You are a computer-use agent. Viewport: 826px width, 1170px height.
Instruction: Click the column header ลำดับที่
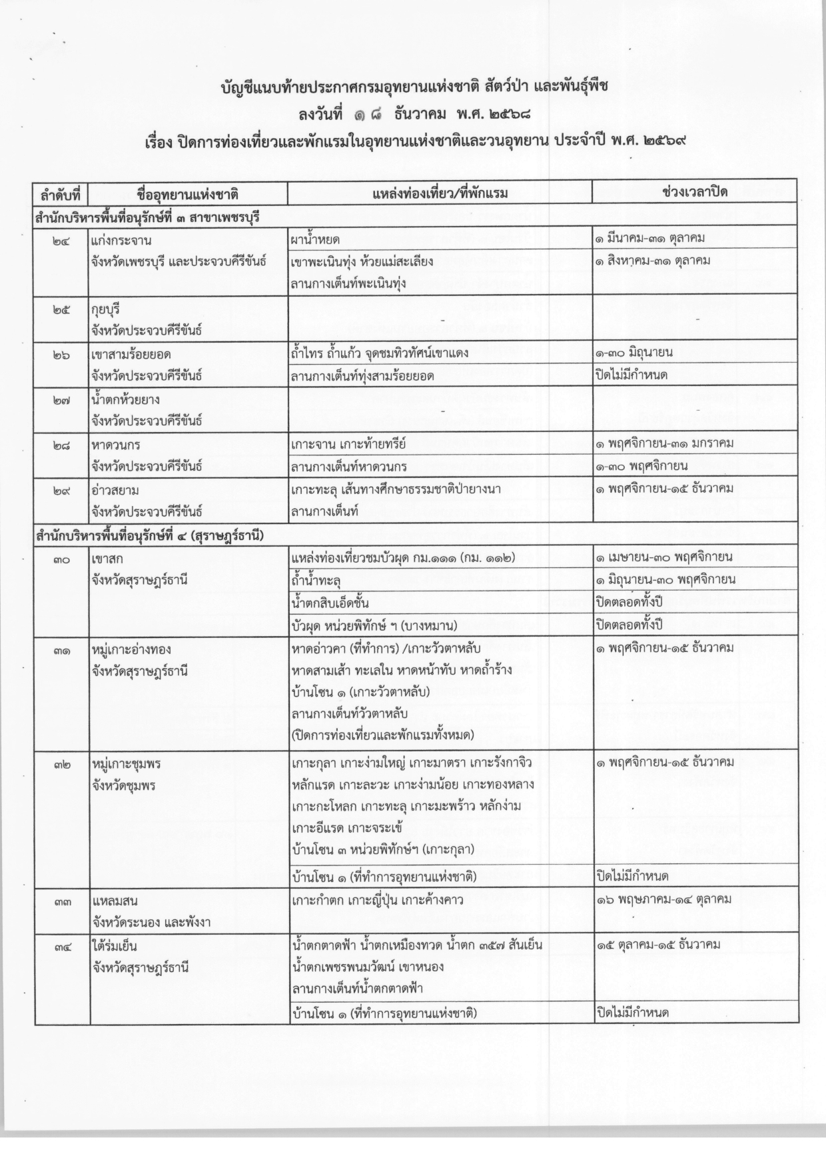point(61,194)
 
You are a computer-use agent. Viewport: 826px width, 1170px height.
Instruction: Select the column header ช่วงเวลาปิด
point(694,192)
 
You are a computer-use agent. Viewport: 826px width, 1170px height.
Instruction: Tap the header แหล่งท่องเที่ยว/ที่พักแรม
point(440,193)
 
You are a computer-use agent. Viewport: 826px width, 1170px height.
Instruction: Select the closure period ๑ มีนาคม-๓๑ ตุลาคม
point(650,238)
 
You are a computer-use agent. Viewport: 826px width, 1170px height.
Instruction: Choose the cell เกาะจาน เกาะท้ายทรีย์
point(348,444)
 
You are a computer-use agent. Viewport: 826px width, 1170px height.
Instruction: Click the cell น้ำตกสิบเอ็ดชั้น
point(330,603)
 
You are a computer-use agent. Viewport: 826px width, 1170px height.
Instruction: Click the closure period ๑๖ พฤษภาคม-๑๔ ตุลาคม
point(663,899)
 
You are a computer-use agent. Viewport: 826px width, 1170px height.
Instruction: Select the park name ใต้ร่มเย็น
point(115,945)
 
